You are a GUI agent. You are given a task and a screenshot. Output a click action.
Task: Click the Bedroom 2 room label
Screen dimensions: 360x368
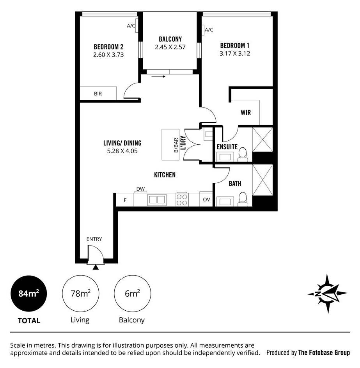(108, 47)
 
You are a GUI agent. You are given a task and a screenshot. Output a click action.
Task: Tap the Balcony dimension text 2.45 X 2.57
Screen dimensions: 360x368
(170, 47)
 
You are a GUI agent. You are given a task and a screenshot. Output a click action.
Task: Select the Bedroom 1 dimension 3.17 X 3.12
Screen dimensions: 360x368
(235, 53)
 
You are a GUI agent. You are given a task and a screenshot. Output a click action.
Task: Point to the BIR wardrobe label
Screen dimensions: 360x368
(98, 94)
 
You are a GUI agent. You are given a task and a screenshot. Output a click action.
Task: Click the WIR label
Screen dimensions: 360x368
(246, 113)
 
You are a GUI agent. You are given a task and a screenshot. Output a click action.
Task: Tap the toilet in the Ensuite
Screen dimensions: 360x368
(243, 154)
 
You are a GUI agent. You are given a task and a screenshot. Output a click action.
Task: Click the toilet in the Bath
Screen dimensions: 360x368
(243, 199)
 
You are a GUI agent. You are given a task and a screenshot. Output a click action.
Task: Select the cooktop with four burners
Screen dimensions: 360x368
(182, 200)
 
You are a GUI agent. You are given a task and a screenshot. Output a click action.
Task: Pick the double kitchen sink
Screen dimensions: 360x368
(157, 200)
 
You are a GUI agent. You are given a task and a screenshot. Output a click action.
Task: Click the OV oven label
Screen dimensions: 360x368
(206, 200)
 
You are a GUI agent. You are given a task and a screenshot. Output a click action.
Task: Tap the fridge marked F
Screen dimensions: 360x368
(125, 200)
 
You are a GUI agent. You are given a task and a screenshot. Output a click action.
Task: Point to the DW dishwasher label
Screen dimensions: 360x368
(141, 189)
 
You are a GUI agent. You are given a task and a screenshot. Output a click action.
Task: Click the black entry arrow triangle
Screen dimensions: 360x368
(96, 267)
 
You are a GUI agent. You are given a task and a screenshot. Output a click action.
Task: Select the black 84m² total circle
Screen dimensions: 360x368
(28, 294)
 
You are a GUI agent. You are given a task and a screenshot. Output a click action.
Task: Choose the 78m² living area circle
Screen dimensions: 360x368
(81, 294)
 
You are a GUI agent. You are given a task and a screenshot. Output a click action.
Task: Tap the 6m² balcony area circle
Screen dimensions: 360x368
(133, 294)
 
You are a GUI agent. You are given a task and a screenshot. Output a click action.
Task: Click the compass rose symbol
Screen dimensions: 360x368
(327, 294)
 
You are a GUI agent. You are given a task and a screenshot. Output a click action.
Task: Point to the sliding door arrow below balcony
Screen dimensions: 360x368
(158, 76)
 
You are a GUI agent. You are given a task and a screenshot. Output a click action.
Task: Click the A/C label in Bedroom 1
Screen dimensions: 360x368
(209, 30)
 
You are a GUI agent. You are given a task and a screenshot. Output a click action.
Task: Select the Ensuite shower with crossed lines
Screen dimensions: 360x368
(262, 140)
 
